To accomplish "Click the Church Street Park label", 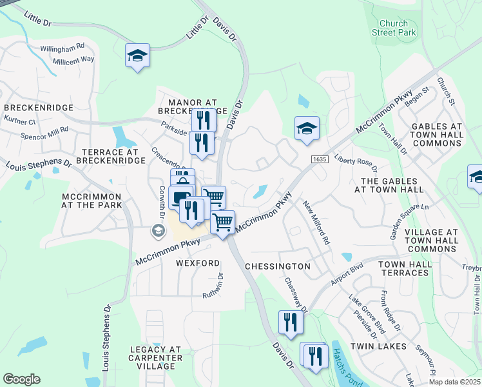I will [x=394, y=28].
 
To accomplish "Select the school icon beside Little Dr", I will [x=137, y=55].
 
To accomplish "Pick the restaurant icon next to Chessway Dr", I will [x=290, y=322].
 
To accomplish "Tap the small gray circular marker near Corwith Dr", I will [x=157, y=230].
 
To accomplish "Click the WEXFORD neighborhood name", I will [x=198, y=263].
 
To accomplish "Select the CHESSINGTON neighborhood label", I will [x=278, y=266].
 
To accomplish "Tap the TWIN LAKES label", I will [x=383, y=346].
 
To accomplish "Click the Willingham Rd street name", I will [x=63, y=48].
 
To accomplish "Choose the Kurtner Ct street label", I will [x=19, y=121].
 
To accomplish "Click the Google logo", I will [x=21, y=379].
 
